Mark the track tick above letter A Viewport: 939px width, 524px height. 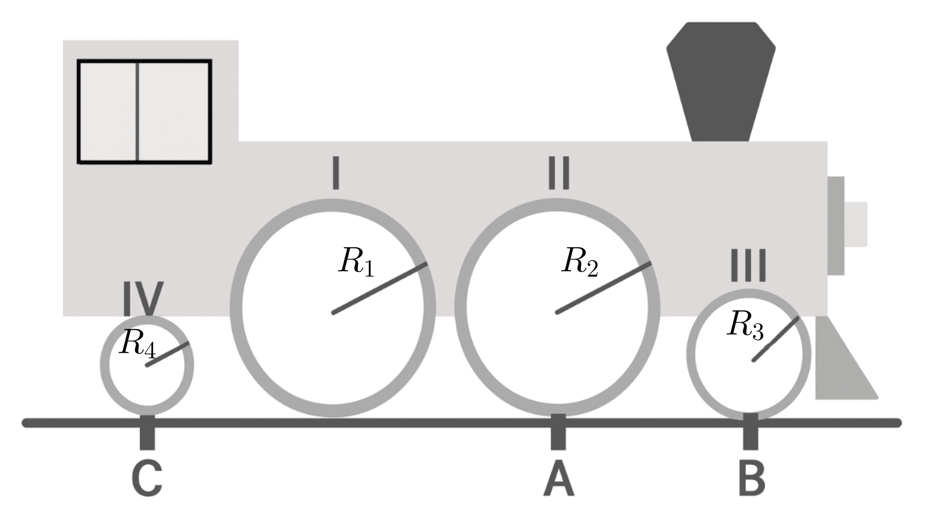(558, 432)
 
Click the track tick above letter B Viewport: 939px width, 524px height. (750, 432)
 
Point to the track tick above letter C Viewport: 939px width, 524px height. (147, 433)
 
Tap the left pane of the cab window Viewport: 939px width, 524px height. (108, 112)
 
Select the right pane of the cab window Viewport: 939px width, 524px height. (173, 112)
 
